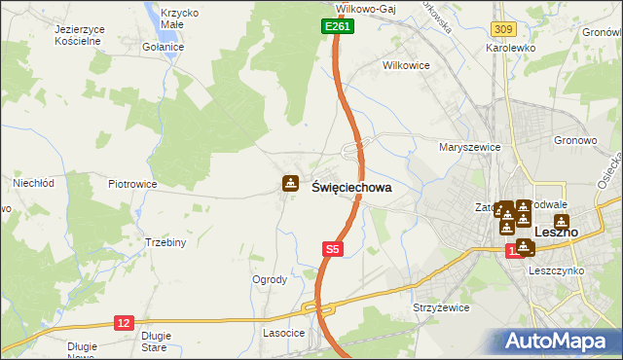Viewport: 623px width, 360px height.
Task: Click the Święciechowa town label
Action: pyautogui.click(x=351, y=188)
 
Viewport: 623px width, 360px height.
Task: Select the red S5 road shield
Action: pyautogui.click(x=332, y=249)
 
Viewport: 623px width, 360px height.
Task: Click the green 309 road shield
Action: pyautogui.click(x=502, y=32)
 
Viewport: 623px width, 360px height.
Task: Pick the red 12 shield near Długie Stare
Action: pyautogui.click(x=124, y=321)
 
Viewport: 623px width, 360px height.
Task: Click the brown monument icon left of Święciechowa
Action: pyautogui.click(x=290, y=183)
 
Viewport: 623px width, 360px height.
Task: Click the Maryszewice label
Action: pyautogui.click(x=469, y=147)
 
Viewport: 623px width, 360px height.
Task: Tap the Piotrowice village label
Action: pyautogui.click(x=132, y=183)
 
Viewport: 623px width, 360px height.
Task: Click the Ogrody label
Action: pyautogui.click(x=269, y=279)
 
